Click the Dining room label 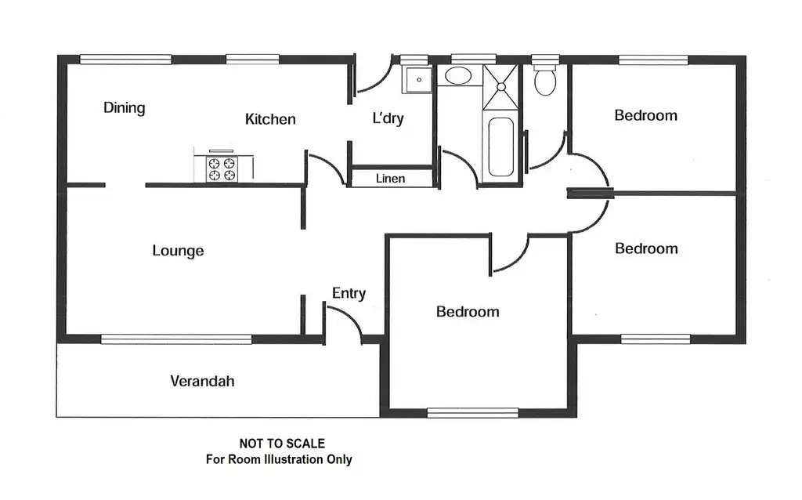(x=125, y=108)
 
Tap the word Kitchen (x=270, y=119)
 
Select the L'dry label (x=388, y=119)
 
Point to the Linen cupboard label (x=391, y=179)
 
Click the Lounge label (x=178, y=251)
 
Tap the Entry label (x=349, y=294)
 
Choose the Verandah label (x=202, y=382)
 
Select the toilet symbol (x=544, y=79)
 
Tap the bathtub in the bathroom (x=500, y=147)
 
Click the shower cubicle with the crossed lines (x=500, y=86)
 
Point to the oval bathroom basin (x=453, y=76)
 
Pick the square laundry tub (x=417, y=78)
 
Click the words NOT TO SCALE (x=282, y=444)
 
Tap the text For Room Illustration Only (x=279, y=459)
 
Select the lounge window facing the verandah (x=176, y=339)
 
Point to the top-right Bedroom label (x=645, y=115)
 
